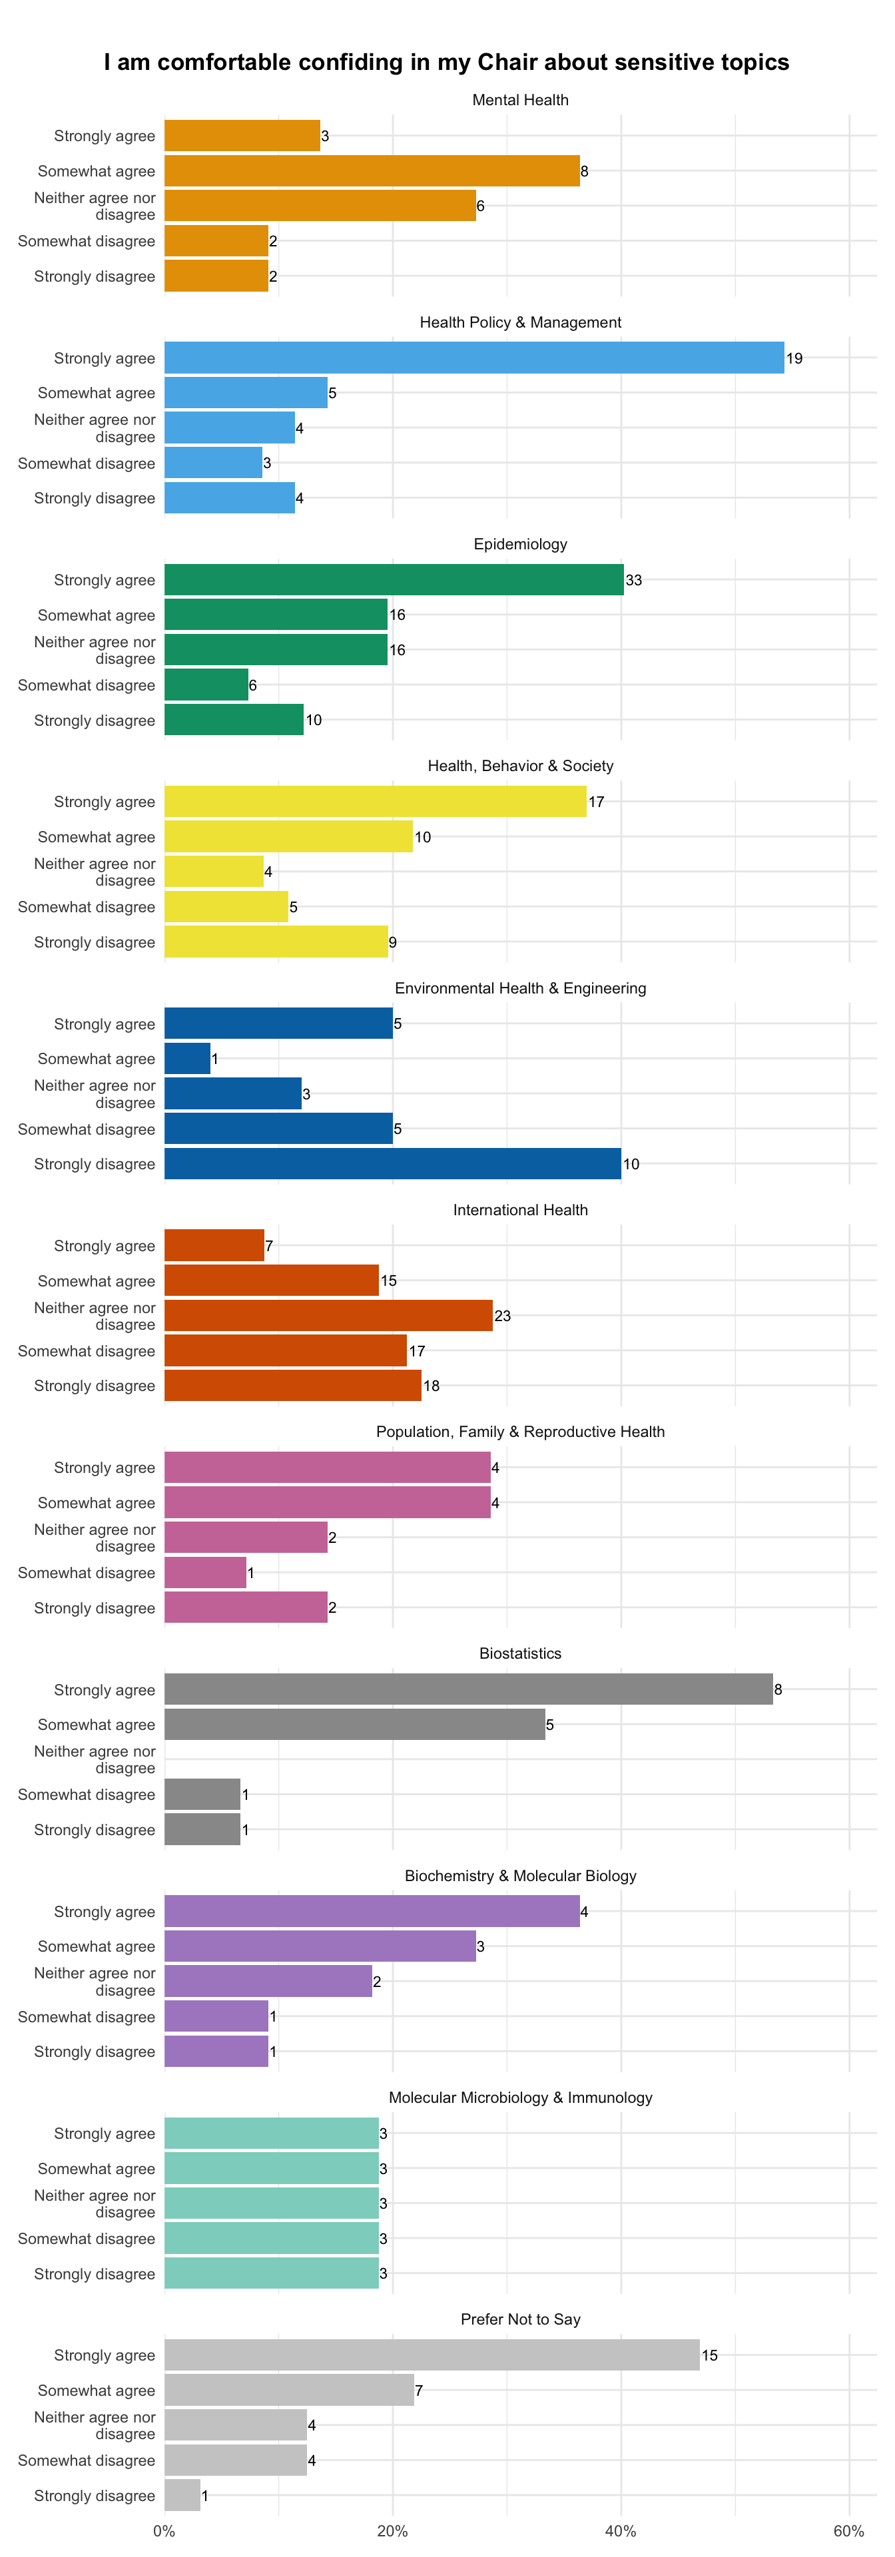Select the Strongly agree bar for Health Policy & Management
tap(474, 358)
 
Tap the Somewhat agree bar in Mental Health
tap(372, 170)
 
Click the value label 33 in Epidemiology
tap(634, 580)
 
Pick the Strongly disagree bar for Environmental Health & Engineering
tap(393, 1163)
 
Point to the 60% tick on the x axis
tap(849, 2530)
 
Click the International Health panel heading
tap(521, 1210)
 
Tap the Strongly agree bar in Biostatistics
tap(468, 1689)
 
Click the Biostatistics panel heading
tap(521, 1653)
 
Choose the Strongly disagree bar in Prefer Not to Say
tap(182, 2494)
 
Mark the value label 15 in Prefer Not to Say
tap(709, 2355)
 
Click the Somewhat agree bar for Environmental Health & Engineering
tap(188, 1058)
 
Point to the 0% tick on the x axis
tap(164, 2530)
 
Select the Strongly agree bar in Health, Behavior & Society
tap(375, 801)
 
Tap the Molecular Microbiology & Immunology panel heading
tap(521, 2098)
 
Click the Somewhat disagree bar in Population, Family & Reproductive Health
tap(205, 1572)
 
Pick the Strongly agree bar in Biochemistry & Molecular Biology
tap(372, 1911)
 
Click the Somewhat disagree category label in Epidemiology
tap(87, 685)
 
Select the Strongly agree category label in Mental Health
tap(104, 136)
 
